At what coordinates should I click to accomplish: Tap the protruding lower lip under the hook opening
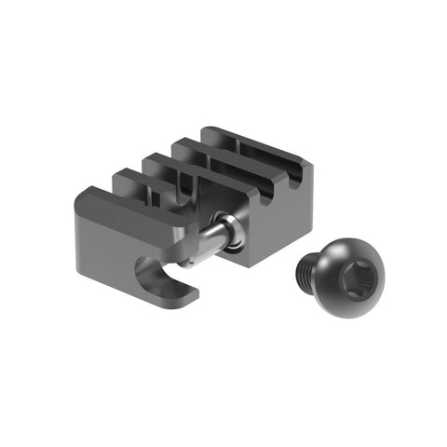(182, 297)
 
